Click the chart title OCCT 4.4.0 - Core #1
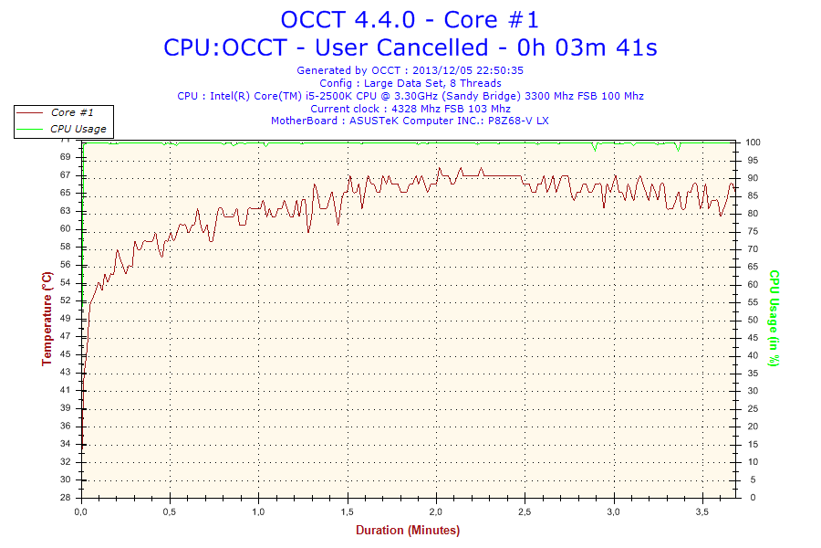[x=410, y=19]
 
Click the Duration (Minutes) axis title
[x=408, y=530]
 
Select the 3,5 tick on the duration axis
[x=701, y=512]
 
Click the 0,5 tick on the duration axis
[x=171, y=512]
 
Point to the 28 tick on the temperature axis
[x=67, y=498]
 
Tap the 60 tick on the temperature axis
[x=67, y=229]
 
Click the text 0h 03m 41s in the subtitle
[x=588, y=47]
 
